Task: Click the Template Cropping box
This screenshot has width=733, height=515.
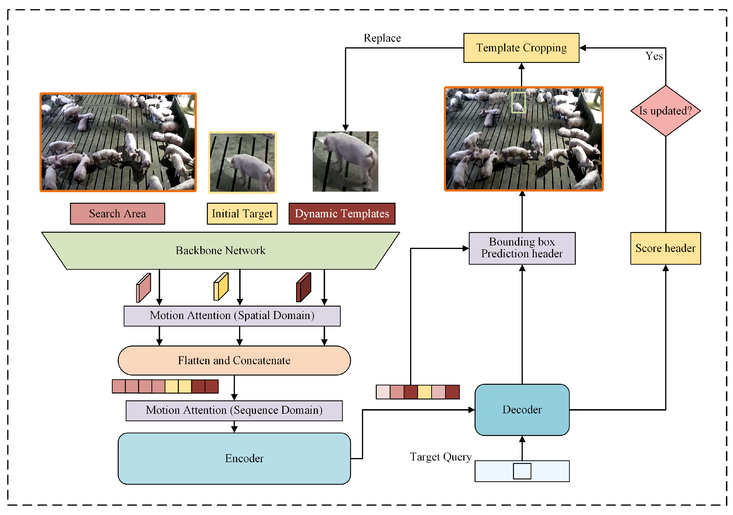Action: pyautogui.click(x=521, y=48)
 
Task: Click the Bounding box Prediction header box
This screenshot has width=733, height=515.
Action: pyautogui.click(x=522, y=248)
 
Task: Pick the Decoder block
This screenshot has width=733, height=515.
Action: pyautogui.click(x=522, y=410)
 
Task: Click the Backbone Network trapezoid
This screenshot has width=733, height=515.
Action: pyautogui.click(x=220, y=250)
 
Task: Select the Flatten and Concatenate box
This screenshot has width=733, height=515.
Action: pyautogui.click(x=234, y=360)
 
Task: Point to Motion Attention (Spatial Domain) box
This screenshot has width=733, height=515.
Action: pyautogui.click(x=232, y=316)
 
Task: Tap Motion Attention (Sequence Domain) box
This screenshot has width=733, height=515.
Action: pyautogui.click(x=234, y=410)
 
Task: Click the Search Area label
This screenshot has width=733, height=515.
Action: pyautogui.click(x=117, y=213)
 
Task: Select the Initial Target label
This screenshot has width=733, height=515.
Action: pyautogui.click(x=242, y=213)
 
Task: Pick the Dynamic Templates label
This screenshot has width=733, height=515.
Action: pyautogui.click(x=342, y=213)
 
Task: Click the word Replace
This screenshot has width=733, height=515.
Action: pyautogui.click(x=382, y=38)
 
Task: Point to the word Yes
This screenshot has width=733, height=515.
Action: pyautogui.click(x=654, y=56)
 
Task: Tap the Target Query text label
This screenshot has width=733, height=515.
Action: pyautogui.click(x=440, y=457)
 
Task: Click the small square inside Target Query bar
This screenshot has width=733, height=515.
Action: pyautogui.click(x=522, y=471)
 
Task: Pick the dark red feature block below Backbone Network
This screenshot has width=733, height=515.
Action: pyautogui.click(x=304, y=287)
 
